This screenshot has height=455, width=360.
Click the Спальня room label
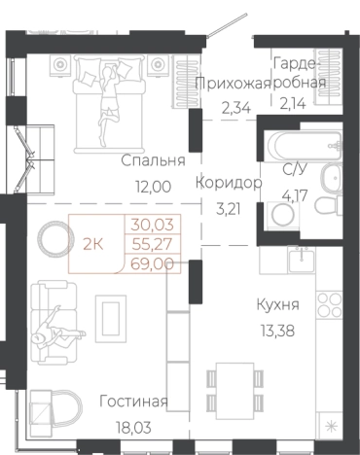pos(147,160)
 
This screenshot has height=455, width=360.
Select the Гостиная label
pos(133,402)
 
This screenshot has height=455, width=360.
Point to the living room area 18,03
pos(133,425)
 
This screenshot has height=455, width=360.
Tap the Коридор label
pos(230,182)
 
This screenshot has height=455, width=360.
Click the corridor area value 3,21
pos(230,207)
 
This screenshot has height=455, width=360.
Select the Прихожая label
pos(233,84)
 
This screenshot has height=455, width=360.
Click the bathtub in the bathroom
pos(297,146)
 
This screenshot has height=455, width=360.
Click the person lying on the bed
pos(104,96)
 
